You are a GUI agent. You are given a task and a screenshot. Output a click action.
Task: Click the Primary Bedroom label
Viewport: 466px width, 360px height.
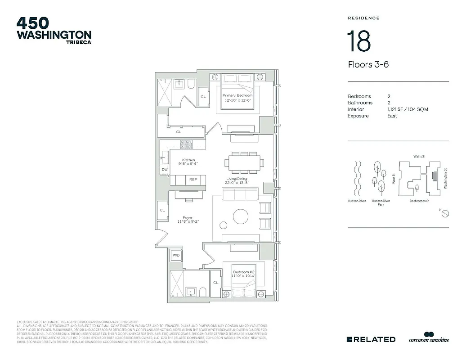pyautogui.click(x=237, y=95)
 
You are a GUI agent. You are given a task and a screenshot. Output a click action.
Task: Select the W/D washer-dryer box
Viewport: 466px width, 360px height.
pyautogui.click(x=176, y=256)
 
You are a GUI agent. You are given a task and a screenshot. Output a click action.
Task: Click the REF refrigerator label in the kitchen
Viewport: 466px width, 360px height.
pyautogui.click(x=193, y=180)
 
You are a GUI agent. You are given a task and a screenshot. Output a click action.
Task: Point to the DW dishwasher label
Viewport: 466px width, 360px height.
pyautogui.click(x=165, y=169)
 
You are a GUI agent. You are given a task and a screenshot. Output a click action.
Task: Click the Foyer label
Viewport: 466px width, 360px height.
pyautogui.click(x=188, y=217)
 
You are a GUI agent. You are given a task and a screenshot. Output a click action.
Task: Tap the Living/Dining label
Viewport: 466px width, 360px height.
pyautogui.click(x=237, y=179)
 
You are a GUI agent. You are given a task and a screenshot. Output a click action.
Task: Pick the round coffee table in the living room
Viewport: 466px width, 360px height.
pyautogui.click(x=241, y=216)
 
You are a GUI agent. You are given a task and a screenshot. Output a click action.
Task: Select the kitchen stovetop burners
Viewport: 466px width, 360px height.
pyautogui.click(x=186, y=144)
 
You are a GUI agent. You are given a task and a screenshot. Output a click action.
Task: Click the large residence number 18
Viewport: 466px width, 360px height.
pyautogui.click(x=358, y=41)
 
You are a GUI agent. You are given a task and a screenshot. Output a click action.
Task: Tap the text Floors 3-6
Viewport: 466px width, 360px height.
pyautogui.click(x=368, y=64)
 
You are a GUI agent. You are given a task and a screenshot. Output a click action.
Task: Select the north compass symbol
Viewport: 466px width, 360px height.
pyautogui.click(x=444, y=213)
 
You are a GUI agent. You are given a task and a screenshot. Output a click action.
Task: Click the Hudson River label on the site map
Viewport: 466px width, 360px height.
pyautogui.click(x=356, y=201)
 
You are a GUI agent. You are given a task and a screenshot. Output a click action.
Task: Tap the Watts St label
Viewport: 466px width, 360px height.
pyautogui.click(x=419, y=156)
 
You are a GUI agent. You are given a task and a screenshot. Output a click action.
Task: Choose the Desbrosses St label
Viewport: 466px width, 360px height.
pyautogui.click(x=419, y=201)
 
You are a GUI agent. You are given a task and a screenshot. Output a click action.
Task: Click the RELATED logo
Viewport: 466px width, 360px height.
pyautogui.click(x=372, y=339)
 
